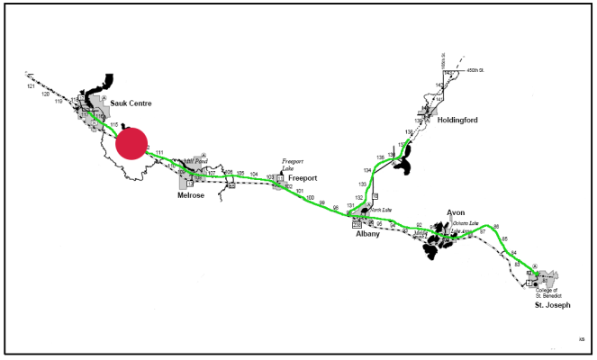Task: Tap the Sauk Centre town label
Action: pos(131,103)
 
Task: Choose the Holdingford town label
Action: pos(458,120)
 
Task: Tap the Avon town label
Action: pos(457,213)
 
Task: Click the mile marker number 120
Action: pos(45,94)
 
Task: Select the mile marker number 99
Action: pos(322,203)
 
